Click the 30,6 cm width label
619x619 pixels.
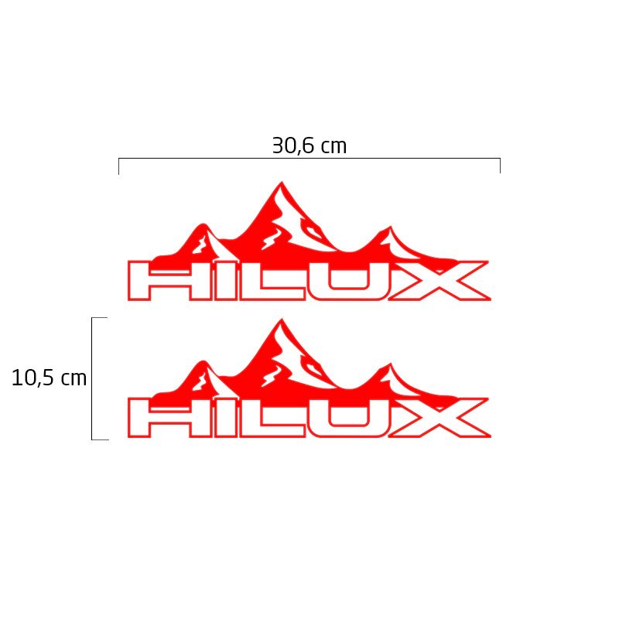[x=309, y=145]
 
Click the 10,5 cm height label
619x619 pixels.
[x=49, y=378]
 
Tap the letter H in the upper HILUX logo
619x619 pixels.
[x=169, y=280]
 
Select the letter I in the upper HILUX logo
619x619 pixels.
[x=226, y=280]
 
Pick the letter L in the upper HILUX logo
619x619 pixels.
[x=272, y=280]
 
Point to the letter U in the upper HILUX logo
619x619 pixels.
[x=349, y=280]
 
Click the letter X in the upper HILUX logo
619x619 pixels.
[x=439, y=280]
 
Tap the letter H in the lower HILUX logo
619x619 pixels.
[x=169, y=418]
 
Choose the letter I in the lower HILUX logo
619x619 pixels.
[x=226, y=418]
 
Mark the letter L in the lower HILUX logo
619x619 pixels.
[x=272, y=418]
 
